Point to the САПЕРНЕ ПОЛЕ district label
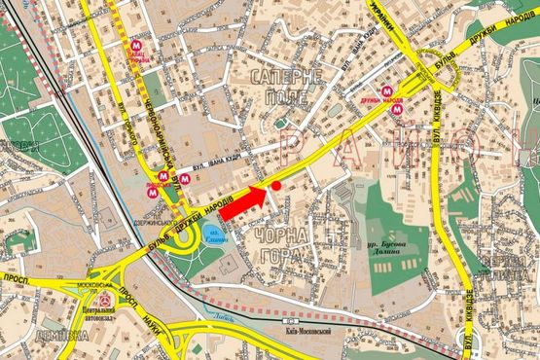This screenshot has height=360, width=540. [283, 87]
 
